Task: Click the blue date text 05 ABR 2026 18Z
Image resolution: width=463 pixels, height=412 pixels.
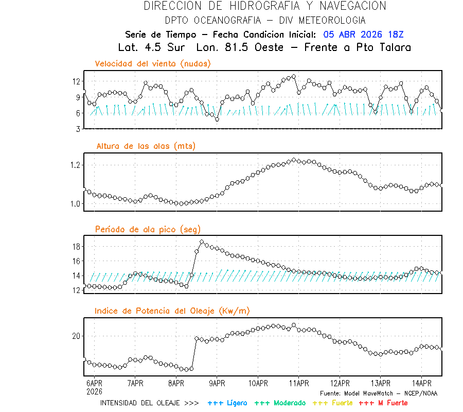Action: [363, 35]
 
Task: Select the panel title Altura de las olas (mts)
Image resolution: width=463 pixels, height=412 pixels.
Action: [146, 146]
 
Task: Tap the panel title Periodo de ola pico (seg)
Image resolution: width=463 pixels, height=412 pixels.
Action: [148, 229]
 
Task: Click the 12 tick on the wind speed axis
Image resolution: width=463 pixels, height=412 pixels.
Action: [76, 81]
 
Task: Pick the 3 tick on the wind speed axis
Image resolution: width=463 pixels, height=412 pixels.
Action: [78, 129]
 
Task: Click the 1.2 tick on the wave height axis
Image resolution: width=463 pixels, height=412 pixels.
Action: [75, 165]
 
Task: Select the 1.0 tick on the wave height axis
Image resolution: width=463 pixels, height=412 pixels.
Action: [75, 204]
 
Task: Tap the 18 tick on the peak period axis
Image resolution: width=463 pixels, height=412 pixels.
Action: [76, 247]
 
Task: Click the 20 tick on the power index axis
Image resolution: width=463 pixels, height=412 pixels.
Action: [76, 336]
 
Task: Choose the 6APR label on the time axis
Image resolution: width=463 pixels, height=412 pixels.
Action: [94, 384]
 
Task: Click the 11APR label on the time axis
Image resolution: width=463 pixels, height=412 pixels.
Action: [299, 384]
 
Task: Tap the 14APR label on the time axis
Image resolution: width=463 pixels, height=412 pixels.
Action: [421, 384]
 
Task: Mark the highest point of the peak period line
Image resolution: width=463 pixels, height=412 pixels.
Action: [202, 242]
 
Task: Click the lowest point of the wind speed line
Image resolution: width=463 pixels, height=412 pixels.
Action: [217, 119]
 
